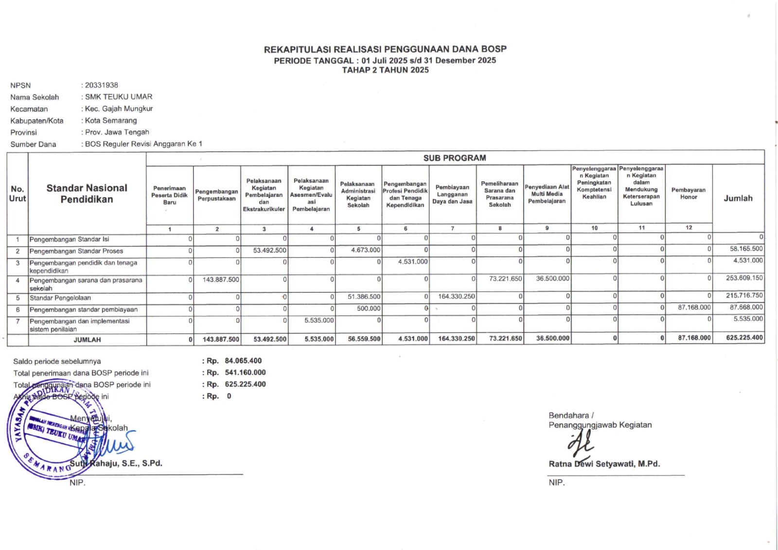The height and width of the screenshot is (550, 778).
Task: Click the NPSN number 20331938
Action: click(x=102, y=85)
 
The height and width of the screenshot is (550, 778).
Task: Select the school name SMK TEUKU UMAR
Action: click(x=119, y=97)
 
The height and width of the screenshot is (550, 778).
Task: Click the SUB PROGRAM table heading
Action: click(x=454, y=158)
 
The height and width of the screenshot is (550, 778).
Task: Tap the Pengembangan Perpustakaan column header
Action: click(x=217, y=195)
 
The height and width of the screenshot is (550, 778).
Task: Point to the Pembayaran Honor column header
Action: click(x=689, y=194)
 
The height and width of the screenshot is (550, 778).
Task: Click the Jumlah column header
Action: click(x=738, y=198)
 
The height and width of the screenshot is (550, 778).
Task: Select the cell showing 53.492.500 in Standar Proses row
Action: click(x=270, y=250)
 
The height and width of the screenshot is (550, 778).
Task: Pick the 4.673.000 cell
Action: click(x=366, y=250)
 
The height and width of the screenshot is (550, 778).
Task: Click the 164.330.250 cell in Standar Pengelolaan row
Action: click(x=456, y=296)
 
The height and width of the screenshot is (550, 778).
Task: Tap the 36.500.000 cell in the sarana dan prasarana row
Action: click(x=552, y=279)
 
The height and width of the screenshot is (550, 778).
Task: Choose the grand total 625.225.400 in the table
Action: click(x=744, y=337)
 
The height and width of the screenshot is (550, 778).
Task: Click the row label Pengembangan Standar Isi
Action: click(x=69, y=239)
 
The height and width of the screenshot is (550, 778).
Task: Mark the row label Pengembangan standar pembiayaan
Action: click(x=83, y=309)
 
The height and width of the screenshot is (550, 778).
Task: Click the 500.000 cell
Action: click(x=369, y=308)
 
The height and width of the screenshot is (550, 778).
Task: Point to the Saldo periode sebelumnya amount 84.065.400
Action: click(x=243, y=361)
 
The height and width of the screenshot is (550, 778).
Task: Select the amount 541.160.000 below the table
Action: click(x=245, y=373)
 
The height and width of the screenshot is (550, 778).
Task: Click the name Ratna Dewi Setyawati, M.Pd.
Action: click(x=604, y=464)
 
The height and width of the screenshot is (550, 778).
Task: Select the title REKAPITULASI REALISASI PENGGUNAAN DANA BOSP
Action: click(x=385, y=49)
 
